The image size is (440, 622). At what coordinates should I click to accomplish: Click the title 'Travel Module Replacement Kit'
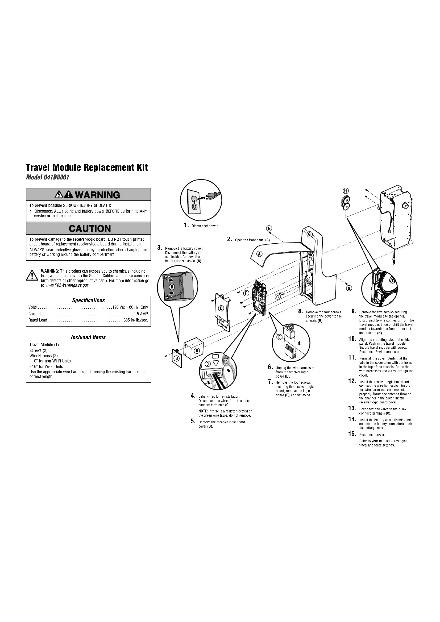coord(87,168)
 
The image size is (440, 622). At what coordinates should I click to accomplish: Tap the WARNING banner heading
coord(88,195)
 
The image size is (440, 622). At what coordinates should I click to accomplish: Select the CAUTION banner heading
coord(90,229)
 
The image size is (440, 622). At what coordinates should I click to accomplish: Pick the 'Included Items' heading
coord(88,337)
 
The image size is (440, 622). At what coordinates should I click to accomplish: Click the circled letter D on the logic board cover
coord(221,308)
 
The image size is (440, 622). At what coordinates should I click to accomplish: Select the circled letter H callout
coord(346,191)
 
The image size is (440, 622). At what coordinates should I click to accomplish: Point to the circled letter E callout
coord(280,337)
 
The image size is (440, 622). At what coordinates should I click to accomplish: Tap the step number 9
coord(353,311)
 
